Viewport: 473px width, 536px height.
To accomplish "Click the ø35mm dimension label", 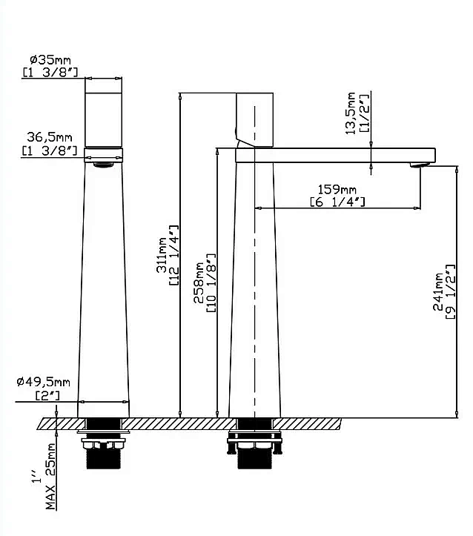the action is click(x=50, y=60).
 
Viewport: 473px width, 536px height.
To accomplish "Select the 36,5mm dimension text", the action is click(x=50, y=137).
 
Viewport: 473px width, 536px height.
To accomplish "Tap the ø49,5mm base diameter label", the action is click(x=44, y=382).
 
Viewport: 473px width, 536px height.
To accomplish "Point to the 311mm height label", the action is click(x=162, y=255).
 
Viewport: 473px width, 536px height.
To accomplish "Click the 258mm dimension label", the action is click(x=199, y=282).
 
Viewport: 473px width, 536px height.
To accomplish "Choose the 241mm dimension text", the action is click(x=438, y=291).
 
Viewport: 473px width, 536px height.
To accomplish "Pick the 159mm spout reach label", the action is click(x=337, y=189).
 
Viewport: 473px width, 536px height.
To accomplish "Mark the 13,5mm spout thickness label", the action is click(x=351, y=113).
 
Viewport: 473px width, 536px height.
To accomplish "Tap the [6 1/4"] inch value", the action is click(x=337, y=202).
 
